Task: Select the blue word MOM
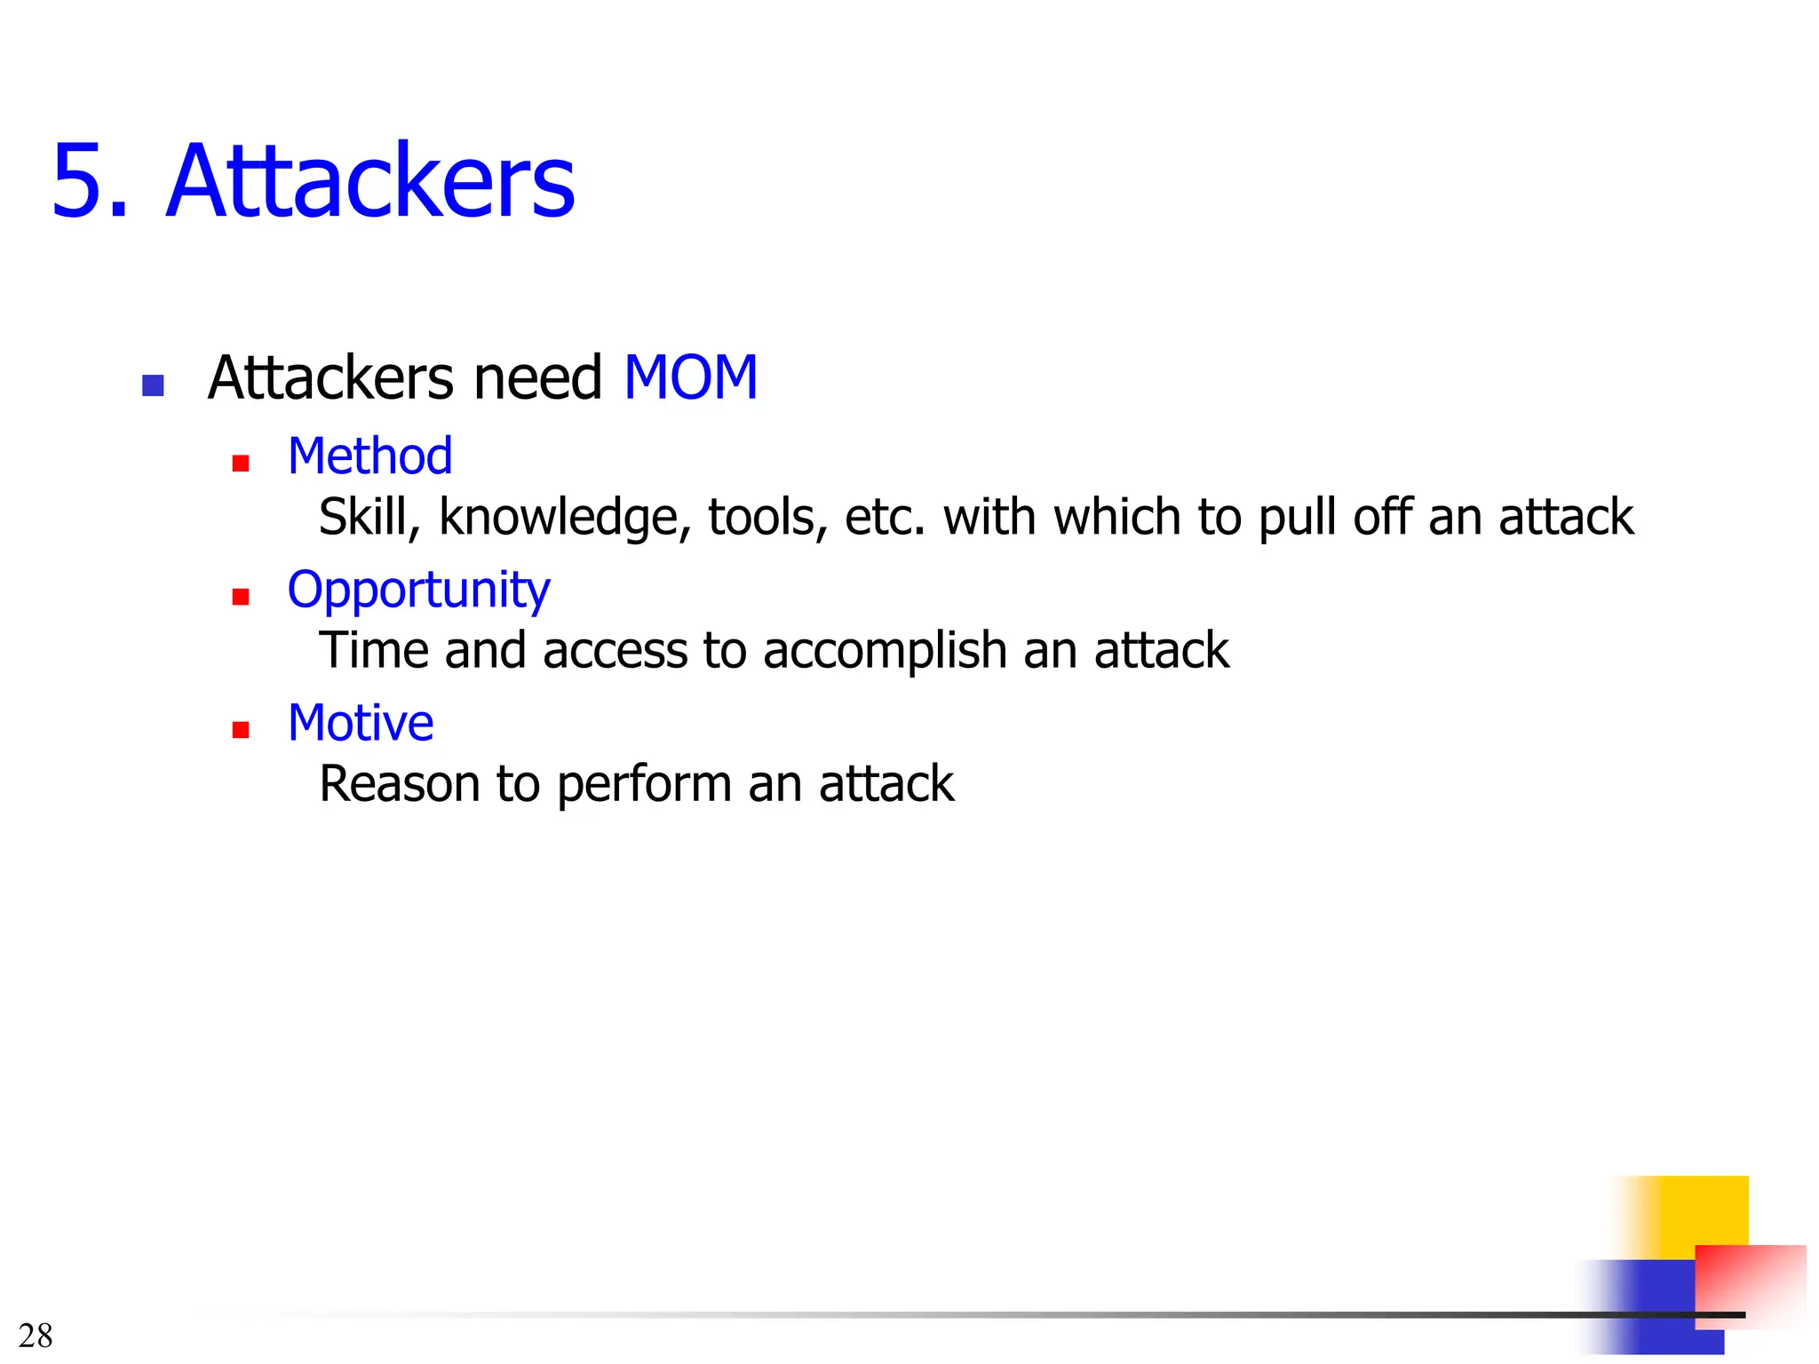tap(690, 378)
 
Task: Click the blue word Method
tap(370, 456)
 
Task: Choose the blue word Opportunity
tap(418, 591)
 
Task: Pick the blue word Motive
tap(361, 723)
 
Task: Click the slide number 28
tap(36, 1336)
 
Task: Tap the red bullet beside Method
tap(240, 464)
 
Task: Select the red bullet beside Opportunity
tap(240, 597)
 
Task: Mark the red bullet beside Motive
tap(240, 730)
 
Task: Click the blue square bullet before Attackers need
tap(153, 385)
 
